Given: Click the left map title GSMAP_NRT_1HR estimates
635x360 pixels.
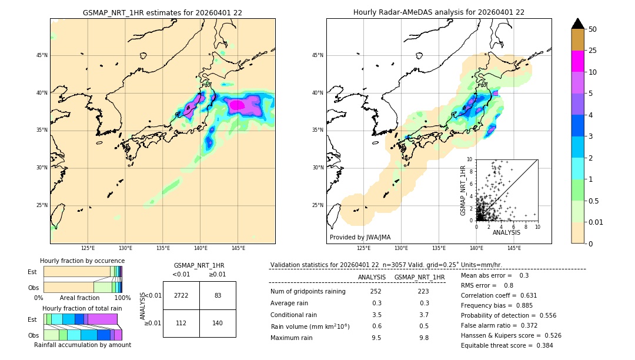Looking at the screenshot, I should (x=162, y=12).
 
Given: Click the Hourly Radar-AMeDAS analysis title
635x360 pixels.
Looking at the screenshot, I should (x=439, y=12).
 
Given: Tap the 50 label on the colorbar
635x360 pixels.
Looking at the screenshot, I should (x=593, y=29).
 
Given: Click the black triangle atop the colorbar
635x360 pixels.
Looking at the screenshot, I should (x=578, y=24).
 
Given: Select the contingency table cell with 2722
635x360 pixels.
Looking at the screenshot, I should (x=181, y=295).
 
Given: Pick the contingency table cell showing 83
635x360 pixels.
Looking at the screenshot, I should (x=218, y=295).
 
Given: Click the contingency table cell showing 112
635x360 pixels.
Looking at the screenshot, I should (x=181, y=323).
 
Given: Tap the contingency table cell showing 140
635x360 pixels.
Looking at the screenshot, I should (x=218, y=323).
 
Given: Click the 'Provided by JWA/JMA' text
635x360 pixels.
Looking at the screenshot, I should (x=360, y=237).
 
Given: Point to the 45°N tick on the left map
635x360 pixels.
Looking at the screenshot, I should (x=41, y=55).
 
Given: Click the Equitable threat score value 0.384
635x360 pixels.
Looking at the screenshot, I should (x=540, y=345).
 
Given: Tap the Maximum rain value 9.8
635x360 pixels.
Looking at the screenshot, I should (x=423, y=338).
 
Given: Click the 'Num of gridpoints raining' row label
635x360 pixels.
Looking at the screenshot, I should (x=308, y=291).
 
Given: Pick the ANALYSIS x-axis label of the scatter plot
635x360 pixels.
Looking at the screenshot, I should (x=506, y=232).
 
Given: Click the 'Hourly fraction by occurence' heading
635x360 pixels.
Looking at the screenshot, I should (x=82, y=261).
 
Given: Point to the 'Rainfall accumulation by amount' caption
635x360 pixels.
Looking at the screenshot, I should (x=82, y=345).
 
